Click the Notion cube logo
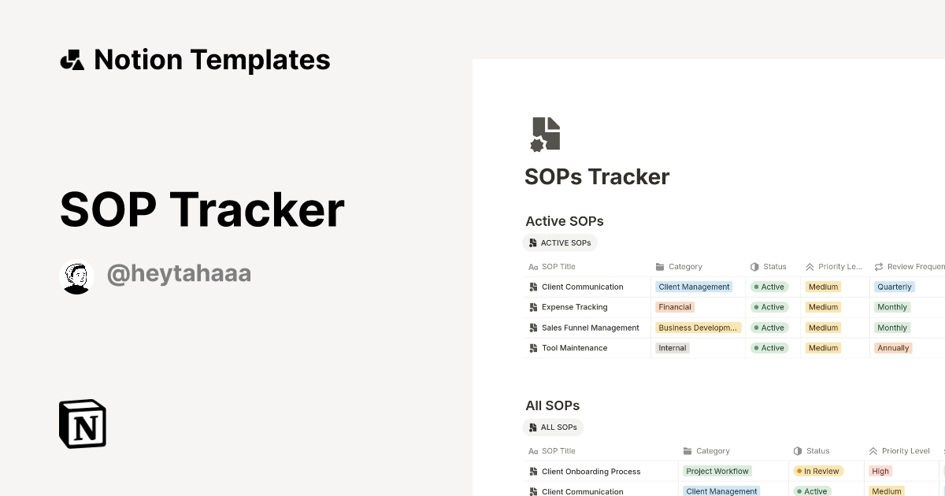(x=83, y=424)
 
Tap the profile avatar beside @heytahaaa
(x=76, y=277)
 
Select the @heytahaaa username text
(x=179, y=274)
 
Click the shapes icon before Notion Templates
(x=72, y=60)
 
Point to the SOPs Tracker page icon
(x=545, y=134)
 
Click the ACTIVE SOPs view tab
(x=560, y=242)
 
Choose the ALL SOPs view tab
(x=553, y=427)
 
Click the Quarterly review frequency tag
(x=895, y=287)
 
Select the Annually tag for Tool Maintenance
(x=893, y=348)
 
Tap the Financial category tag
(x=675, y=307)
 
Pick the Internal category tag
(x=673, y=348)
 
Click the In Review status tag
(x=818, y=471)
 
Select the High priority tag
(x=880, y=471)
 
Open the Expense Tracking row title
(x=574, y=307)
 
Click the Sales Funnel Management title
(x=590, y=328)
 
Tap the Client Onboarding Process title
(x=591, y=472)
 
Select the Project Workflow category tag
(x=717, y=471)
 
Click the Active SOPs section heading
(x=565, y=221)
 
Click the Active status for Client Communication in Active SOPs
(x=769, y=287)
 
